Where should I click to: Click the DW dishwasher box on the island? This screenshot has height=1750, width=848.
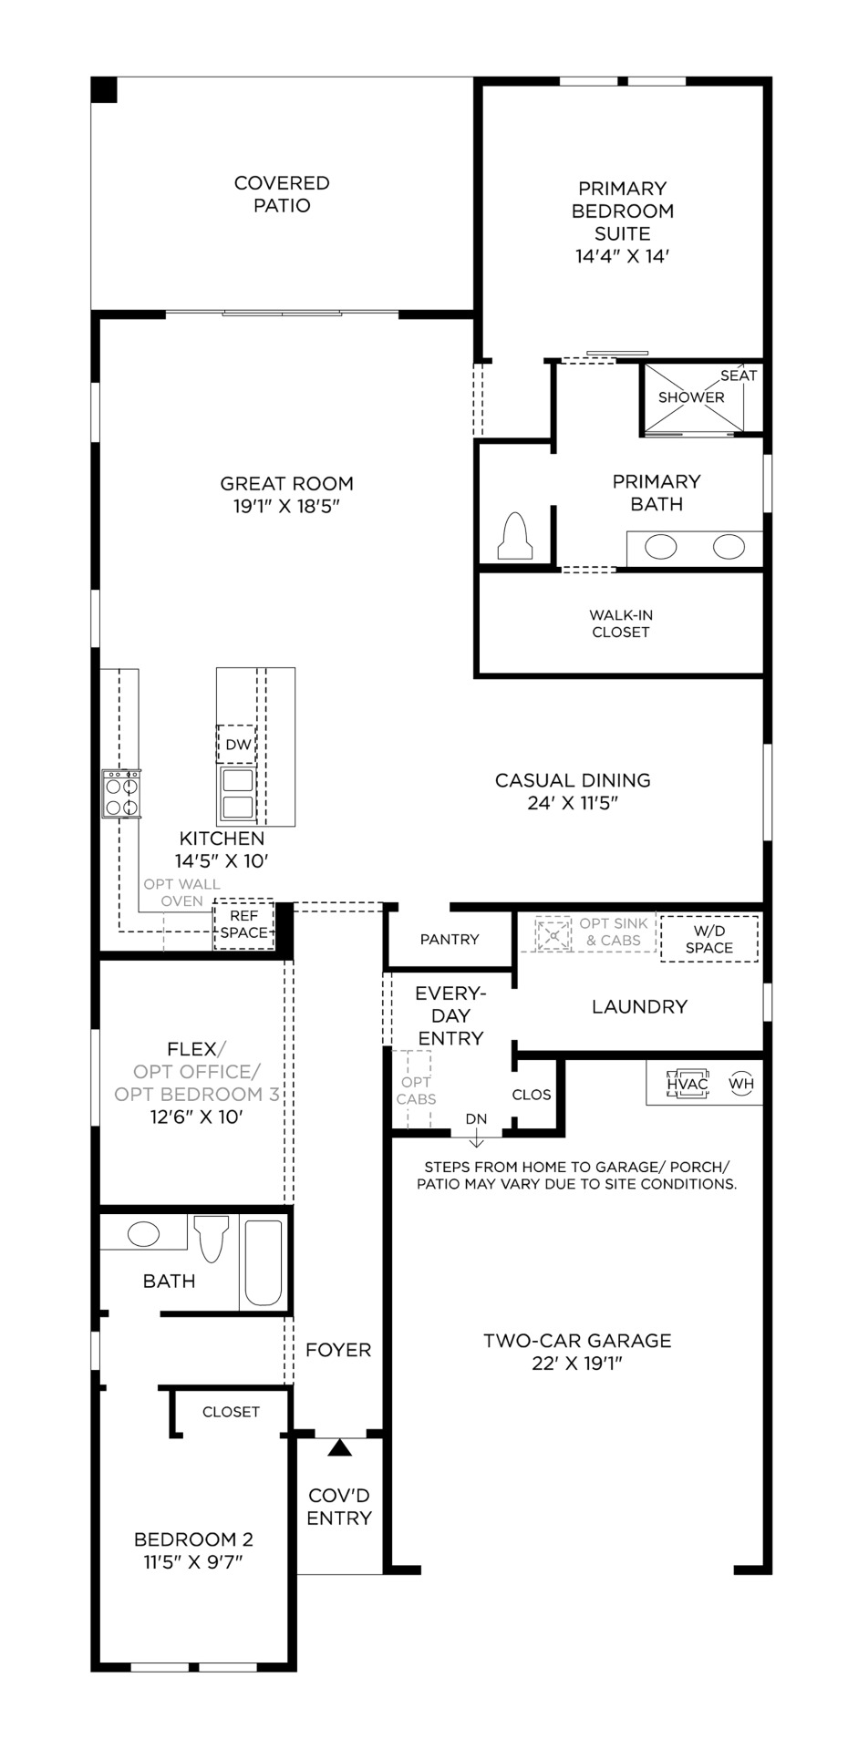pyautogui.click(x=237, y=744)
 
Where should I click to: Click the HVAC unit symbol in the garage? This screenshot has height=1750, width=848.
pyautogui.click(x=687, y=1084)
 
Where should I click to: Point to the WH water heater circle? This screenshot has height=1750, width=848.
pyautogui.click(x=741, y=1084)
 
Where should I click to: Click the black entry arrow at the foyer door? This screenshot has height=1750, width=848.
pyautogui.click(x=339, y=1447)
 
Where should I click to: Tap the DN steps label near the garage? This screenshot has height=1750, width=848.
pyautogui.click(x=476, y=1119)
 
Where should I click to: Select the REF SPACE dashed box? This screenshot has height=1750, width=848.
pyautogui.click(x=243, y=924)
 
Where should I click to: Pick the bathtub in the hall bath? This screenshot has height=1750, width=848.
pyautogui.click(x=264, y=1263)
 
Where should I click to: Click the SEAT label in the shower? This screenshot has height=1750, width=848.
pyautogui.click(x=739, y=376)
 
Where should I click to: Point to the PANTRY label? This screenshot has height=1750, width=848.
pyautogui.click(x=450, y=940)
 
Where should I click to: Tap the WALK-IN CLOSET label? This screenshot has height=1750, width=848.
pyautogui.click(x=621, y=623)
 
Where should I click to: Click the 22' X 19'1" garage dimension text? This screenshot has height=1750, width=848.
pyautogui.click(x=577, y=1364)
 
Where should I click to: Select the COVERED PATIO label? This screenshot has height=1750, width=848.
pyautogui.click(x=282, y=194)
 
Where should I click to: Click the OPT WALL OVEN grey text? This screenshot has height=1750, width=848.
pyautogui.click(x=182, y=892)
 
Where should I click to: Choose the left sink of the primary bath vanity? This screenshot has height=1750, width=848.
pyautogui.click(x=661, y=547)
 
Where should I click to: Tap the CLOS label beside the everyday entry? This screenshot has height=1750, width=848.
pyautogui.click(x=532, y=1095)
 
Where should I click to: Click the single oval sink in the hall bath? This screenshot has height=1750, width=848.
pyautogui.click(x=143, y=1235)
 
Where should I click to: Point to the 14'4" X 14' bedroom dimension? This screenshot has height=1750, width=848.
pyautogui.click(x=622, y=257)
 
